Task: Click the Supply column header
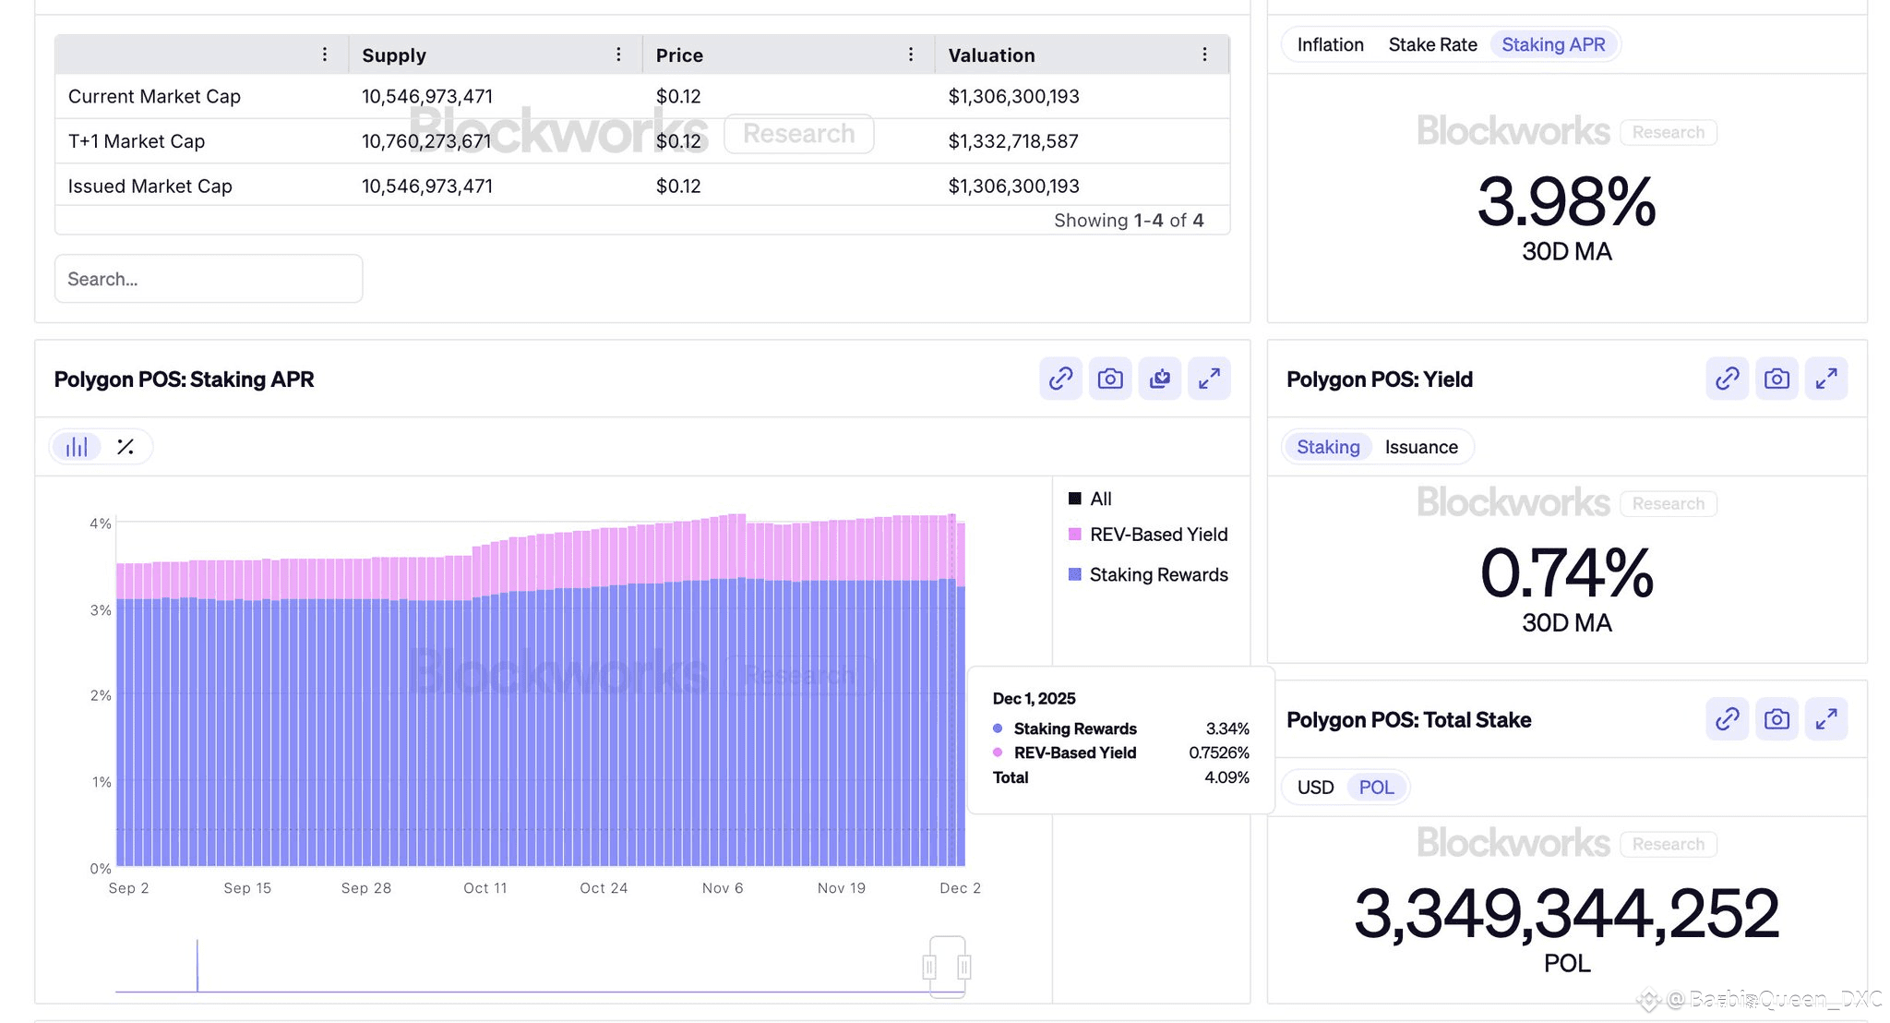pyautogui.click(x=394, y=55)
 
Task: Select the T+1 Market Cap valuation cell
pyautogui.click(x=1013, y=141)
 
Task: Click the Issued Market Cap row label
pyautogui.click(x=150, y=187)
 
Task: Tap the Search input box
pyautogui.click(x=209, y=279)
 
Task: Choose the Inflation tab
pyautogui.click(x=1330, y=45)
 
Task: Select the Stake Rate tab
pyautogui.click(x=1432, y=45)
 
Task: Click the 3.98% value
pyautogui.click(x=1566, y=203)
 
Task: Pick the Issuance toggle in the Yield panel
pyautogui.click(x=1421, y=448)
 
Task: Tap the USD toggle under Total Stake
pyautogui.click(x=1315, y=788)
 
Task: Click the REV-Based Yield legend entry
pyautogui.click(x=1158, y=535)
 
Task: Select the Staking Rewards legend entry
pyautogui.click(x=1158, y=575)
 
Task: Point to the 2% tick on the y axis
pyautogui.click(x=101, y=695)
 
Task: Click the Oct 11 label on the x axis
pyautogui.click(x=485, y=888)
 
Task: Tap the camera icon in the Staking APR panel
pyautogui.click(x=1110, y=379)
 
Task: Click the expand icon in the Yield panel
pyautogui.click(x=1826, y=379)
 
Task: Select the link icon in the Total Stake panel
pyautogui.click(x=1728, y=719)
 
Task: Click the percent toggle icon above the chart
pyautogui.click(x=126, y=448)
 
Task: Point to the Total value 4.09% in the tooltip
pyautogui.click(x=1226, y=777)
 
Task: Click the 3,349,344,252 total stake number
pyautogui.click(x=1566, y=914)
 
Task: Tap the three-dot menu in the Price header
pyautogui.click(x=911, y=55)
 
